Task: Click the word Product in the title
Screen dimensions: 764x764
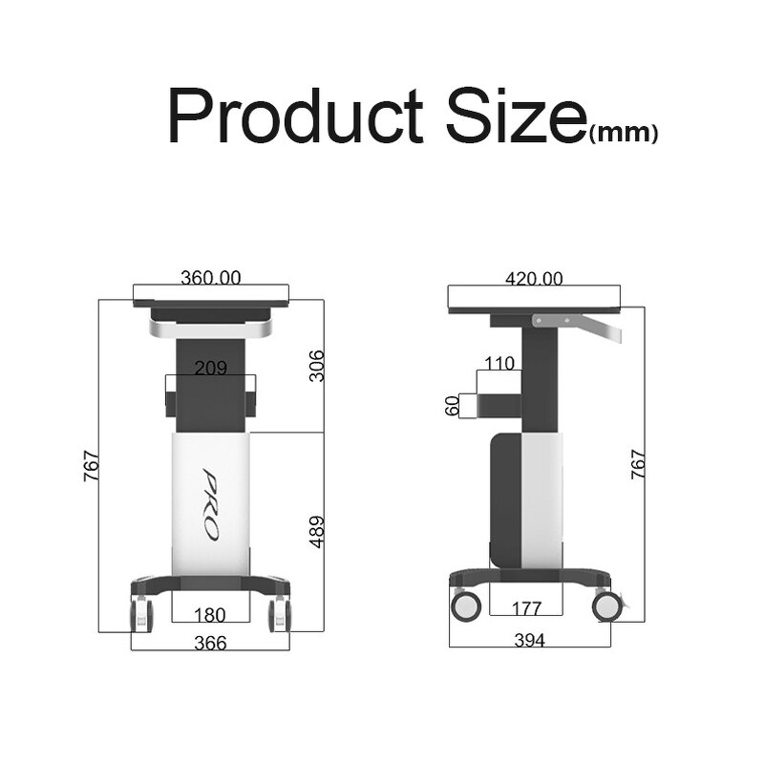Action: click(x=292, y=117)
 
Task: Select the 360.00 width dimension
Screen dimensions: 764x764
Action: click(x=210, y=278)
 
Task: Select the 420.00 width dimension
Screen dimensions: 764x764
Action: click(x=534, y=278)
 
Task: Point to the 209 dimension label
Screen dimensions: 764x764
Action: click(x=210, y=368)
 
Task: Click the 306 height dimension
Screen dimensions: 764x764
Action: click(x=318, y=365)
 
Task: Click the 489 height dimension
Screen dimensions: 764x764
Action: click(x=318, y=533)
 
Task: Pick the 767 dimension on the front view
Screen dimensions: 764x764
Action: click(x=91, y=463)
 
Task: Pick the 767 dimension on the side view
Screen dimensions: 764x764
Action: click(x=639, y=463)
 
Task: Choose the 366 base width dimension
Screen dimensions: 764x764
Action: click(x=210, y=643)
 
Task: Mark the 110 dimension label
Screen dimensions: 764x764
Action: click(x=499, y=363)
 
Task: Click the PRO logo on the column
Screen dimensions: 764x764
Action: click(x=211, y=506)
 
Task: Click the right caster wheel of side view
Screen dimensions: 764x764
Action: click(x=605, y=605)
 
